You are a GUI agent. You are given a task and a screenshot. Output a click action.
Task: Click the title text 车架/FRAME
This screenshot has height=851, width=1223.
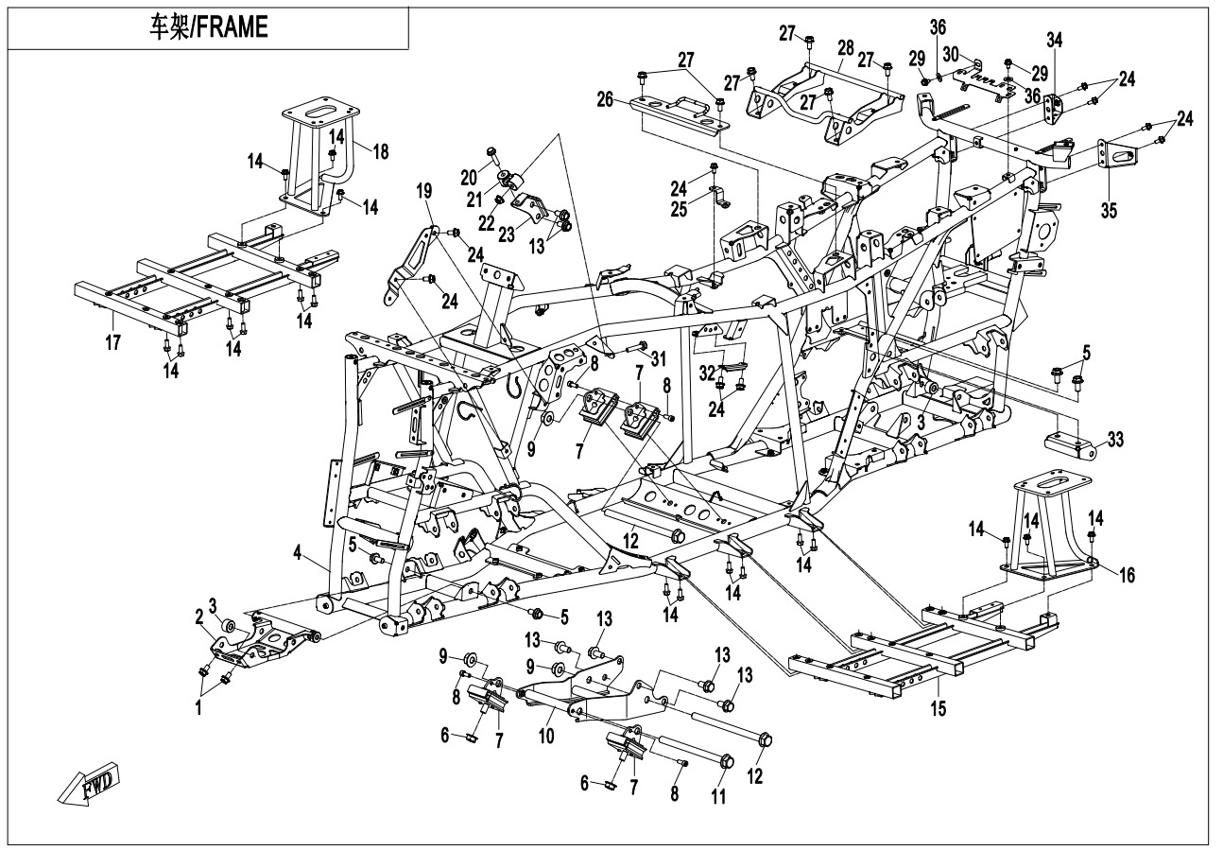coord(209,27)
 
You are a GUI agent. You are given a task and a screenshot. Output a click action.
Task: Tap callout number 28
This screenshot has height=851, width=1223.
coord(844,46)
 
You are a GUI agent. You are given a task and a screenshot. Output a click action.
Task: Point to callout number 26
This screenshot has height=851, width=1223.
coord(605,97)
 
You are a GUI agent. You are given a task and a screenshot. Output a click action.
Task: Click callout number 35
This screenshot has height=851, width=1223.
coord(1109,210)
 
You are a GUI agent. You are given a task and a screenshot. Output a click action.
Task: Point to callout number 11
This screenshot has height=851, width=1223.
coord(719,797)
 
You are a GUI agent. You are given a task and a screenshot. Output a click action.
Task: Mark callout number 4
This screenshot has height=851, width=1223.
coord(299,554)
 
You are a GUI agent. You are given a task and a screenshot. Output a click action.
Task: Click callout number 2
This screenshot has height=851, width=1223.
coord(199,616)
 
